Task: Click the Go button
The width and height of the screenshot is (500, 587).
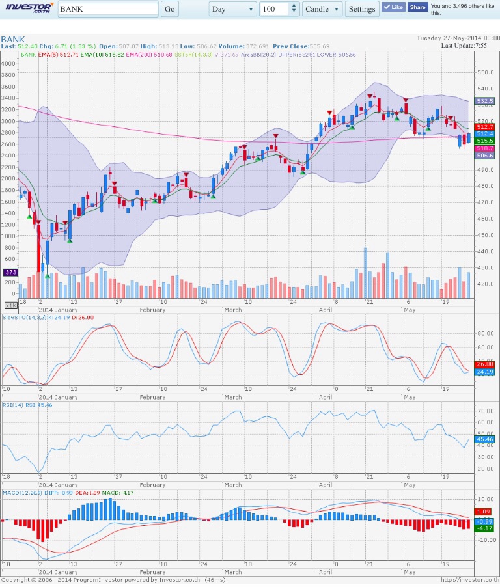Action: pyautogui.click(x=170, y=9)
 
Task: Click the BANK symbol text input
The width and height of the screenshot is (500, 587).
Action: pyautogui.click(x=108, y=9)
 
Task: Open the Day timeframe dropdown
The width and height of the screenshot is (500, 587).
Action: pyautogui.click(x=233, y=9)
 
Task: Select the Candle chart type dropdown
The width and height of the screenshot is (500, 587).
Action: pyautogui.click(x=322, y=9)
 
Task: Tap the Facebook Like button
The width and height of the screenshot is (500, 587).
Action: pyautogui.click(x=393, y=7)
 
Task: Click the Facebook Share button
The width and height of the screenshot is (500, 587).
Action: pyautogui.click(x=417, y=7)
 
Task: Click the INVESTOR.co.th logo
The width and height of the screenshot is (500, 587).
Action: pyautogui.click(x=28, y=8)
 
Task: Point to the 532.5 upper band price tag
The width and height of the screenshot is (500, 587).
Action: pyautogui.click(x=486, y=101)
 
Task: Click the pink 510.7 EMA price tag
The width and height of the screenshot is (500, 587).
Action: pyautogui.click(x=486, y=148)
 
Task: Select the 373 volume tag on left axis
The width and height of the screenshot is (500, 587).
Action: pyautogui.click(x=10, y=272)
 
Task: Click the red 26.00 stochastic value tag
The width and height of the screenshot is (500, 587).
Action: pyautogui.click(x=486, y=364)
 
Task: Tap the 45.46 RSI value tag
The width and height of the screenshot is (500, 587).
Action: pyautogui.click(x=486, y=439)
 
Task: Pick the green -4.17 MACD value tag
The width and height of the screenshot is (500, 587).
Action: pyautogui.click(x=486, y=528)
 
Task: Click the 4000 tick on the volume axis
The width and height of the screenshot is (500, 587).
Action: pyautogui.click(x=8, y=64)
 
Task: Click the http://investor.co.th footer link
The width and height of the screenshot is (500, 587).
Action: pyautogui.click(x=469, y=579)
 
